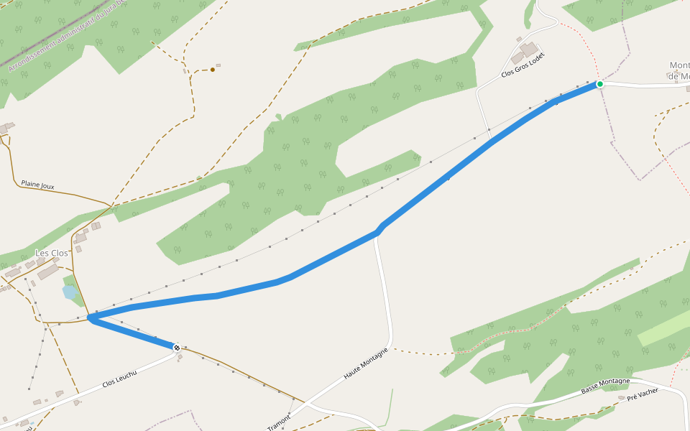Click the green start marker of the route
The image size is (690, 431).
tap(600, 84)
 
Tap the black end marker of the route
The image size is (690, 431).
tap(177, 348)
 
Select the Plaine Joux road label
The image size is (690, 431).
tap(37, 186)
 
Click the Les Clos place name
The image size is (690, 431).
tap(52, 254)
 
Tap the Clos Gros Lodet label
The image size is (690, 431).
tap(518, 65)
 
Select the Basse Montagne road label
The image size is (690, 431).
tap(605, 386)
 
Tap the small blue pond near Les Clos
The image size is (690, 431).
tap(70, 292)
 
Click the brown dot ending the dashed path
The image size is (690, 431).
tap(213, 70)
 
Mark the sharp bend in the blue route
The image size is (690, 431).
tap(91, 318)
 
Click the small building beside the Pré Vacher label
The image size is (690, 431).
tap(622, 398)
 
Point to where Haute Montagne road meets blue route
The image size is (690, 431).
tap(377, 233)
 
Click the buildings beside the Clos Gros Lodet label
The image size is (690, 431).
tap(527, 52)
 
